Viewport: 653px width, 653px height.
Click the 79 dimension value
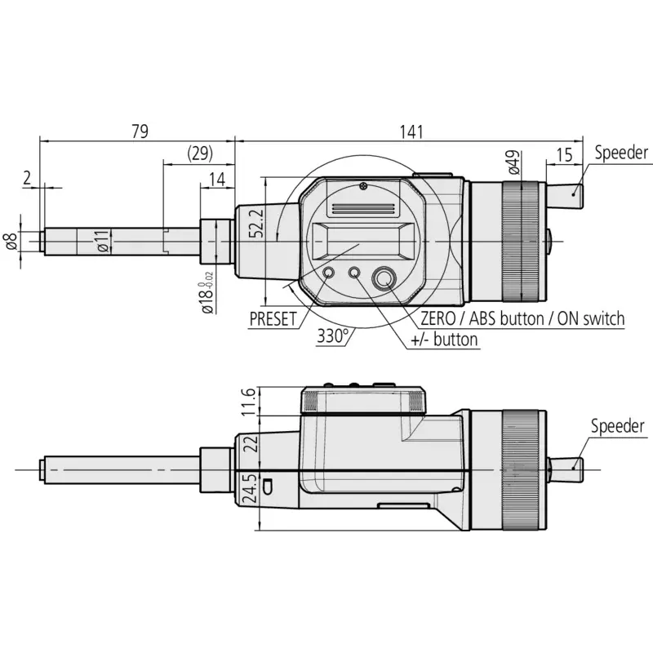coord(140,131)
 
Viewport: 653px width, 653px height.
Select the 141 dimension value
coord(411,132)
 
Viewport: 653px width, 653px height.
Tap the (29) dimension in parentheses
coord(200,153)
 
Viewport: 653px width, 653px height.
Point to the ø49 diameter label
coord(514,162)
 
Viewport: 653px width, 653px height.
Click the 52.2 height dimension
coord(256,223)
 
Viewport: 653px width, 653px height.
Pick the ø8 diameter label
coord(11,241)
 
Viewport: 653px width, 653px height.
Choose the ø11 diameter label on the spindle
coord(104,241)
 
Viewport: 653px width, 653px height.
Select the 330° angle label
coord(332,335)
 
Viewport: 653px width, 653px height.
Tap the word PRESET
coord(273,319)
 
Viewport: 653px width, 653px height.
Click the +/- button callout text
coord(444,340)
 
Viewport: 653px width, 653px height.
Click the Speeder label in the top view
coord(621,153)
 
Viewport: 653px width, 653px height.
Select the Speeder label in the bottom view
coord(618,426)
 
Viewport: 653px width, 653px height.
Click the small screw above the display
coord(363,185)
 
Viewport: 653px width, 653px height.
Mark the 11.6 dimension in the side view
coord(248,402)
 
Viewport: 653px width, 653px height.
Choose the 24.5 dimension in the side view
coord(248,488)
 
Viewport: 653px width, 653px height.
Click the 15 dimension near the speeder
coord(564,155)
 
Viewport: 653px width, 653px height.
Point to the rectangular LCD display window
coord(360,242)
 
